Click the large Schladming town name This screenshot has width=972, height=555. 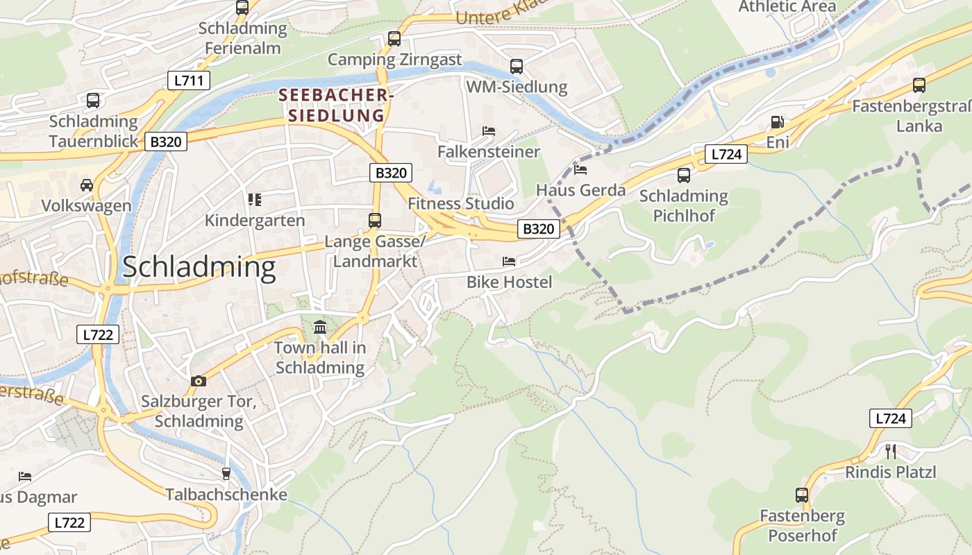(199, 268)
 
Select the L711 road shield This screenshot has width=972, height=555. (188, 80)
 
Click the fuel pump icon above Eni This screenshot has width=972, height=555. (777, 123)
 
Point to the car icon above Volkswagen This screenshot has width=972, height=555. (87, 185)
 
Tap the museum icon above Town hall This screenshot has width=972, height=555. (319, 327)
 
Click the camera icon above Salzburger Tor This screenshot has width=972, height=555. (199, 381)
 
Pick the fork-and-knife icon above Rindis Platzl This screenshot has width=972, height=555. (891, 452)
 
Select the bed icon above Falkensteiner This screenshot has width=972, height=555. (489, 131)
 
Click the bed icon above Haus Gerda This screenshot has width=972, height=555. (580, 169)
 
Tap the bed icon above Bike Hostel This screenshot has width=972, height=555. (509, 262)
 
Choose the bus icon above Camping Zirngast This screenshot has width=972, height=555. (394, 39)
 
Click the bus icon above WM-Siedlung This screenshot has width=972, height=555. (517, 67)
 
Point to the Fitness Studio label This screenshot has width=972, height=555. (461, 203)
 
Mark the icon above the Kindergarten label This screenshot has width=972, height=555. (255, 200)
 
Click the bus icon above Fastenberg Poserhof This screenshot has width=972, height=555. (802, 495)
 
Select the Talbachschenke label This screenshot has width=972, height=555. (226, 495)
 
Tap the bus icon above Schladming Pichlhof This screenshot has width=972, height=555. (684, 176)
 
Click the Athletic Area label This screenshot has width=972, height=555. (787, 6)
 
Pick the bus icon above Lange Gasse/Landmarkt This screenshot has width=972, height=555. (375, 221)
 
